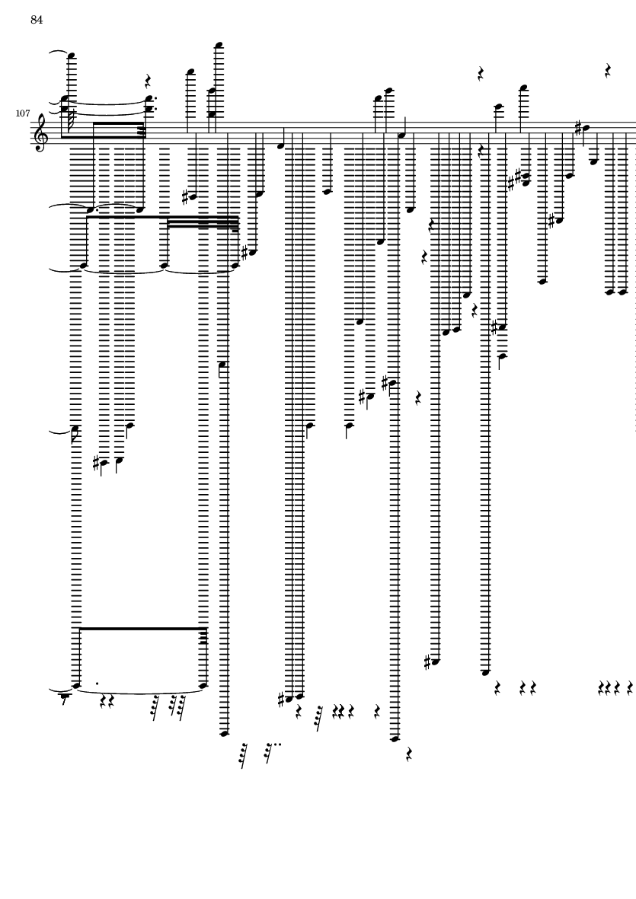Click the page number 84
pos(37,21)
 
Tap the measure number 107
pos(22,113)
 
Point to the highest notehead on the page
pos(219,44)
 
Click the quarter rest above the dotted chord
pos(149,81)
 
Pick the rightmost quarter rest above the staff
pos(608,72)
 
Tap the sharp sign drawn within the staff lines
pos(577,127)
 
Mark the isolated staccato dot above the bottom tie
pos(97,683)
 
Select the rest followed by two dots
pos(269,752)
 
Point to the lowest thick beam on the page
pos(142,628)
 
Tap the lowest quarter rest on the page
pos(408,757)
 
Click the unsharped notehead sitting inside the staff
pos(401,134)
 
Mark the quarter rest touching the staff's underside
pos(481,151)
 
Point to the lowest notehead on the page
pos(395,738)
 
